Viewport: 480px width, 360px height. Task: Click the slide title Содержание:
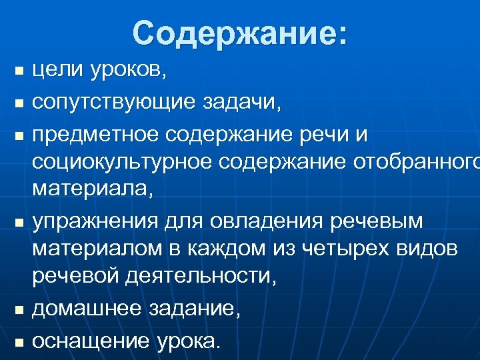(x=240, y=33)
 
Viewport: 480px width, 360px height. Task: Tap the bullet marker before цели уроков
(x=19, y=71)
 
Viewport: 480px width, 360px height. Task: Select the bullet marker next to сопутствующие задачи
(x=19, y=103)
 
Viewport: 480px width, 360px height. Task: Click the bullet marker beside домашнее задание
(x=19, y=310)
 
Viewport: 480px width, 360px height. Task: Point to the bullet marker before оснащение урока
(x=19, y=342)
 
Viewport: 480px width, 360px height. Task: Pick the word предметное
(x=95, y=135)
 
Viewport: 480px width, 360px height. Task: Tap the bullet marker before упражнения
(x=19, y=219)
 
